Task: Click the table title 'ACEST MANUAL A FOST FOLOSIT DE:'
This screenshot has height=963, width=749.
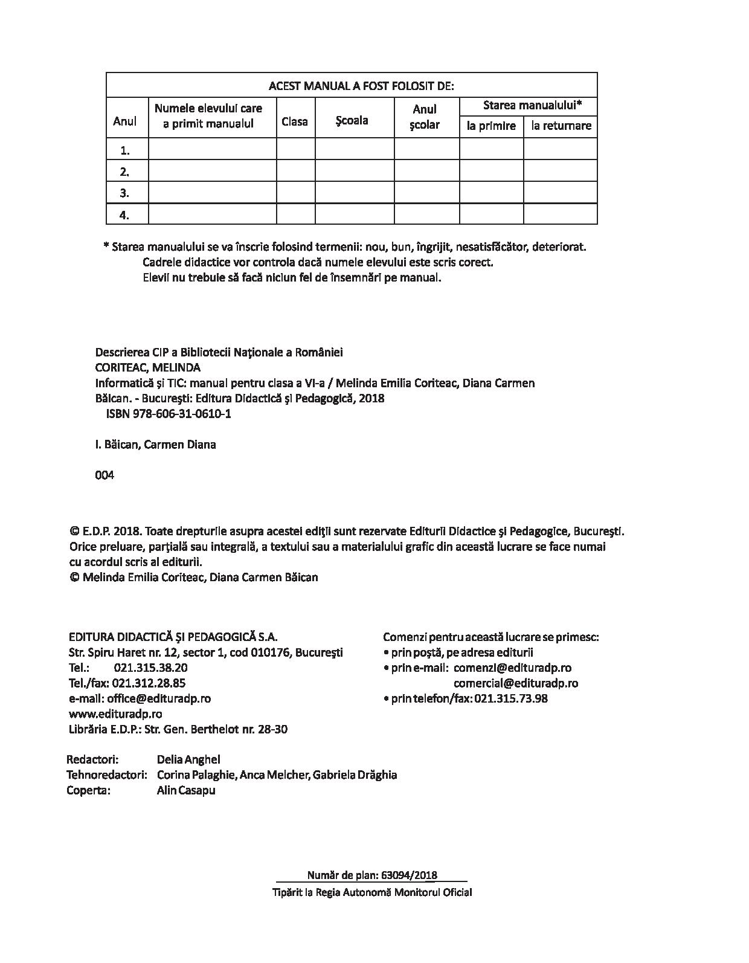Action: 361,86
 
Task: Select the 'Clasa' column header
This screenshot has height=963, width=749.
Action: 295,121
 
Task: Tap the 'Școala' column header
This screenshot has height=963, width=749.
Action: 352,120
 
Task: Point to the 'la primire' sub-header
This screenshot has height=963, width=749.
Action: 491,126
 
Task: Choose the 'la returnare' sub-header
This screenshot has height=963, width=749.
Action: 561,126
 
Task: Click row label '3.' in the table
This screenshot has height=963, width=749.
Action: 125,193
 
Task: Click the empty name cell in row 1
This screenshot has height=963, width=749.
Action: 212,149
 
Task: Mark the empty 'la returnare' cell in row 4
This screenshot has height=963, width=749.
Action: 560,214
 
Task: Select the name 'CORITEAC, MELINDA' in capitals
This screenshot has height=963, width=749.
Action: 148,367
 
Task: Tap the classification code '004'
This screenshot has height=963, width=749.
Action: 104,475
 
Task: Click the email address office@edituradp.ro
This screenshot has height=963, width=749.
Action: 159,698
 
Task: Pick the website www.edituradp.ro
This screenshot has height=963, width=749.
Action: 115,713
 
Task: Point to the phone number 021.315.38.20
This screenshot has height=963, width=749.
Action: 150,668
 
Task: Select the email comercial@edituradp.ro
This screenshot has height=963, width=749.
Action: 516,683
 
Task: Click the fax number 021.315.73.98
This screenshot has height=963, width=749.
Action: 511,698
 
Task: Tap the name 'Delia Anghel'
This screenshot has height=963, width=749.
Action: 188,759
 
